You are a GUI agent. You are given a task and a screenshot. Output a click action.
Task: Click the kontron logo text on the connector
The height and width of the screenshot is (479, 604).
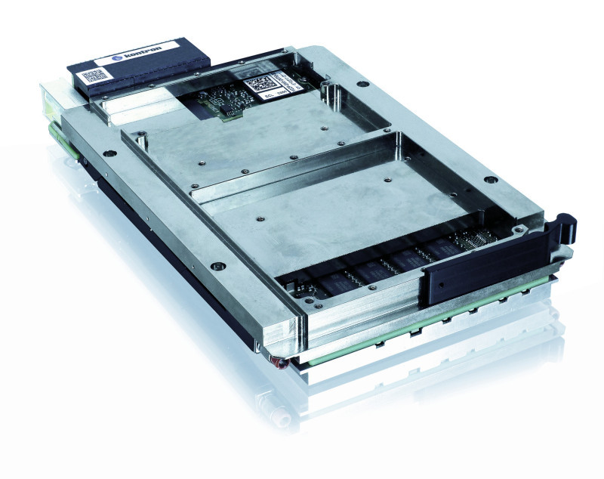137,57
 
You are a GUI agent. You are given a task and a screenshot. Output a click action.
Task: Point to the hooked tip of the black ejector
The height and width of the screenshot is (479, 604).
568,220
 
